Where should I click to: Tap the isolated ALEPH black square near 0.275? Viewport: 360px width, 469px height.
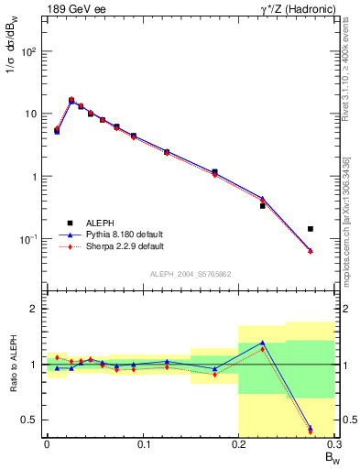(x=311, y=229)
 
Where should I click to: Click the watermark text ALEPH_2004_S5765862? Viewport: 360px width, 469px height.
(x=190, y=274)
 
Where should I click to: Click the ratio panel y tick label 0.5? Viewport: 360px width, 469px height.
(x=30, y=420)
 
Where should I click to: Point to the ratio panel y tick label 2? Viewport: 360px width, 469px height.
(x=35, y=310)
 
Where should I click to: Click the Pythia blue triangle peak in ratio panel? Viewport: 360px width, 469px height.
(x=262, y=343)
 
